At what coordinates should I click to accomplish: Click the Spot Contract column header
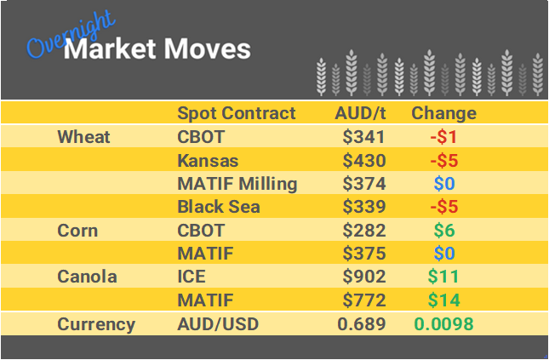point(236,113)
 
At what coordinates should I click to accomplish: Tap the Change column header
point(443,113)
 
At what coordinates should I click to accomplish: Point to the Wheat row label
point(83,137)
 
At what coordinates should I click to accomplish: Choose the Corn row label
point(77,231)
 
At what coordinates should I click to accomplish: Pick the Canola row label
point(87,277)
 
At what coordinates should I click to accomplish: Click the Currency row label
point(96,324)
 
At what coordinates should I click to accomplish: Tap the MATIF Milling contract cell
point(237,184)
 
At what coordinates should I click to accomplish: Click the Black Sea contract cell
point(217,207)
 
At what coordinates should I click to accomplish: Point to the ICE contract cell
point(192,277)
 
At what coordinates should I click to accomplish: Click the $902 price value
point(364,277)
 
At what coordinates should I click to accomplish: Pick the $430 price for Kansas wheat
point(364,160)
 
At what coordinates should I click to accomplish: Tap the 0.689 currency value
point(362,324)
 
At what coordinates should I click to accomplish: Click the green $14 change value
point(444,300)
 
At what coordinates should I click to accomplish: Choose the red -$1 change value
point(443,137)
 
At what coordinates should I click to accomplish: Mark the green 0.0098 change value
point(443,324)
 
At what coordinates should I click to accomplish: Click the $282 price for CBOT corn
point(364,231)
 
